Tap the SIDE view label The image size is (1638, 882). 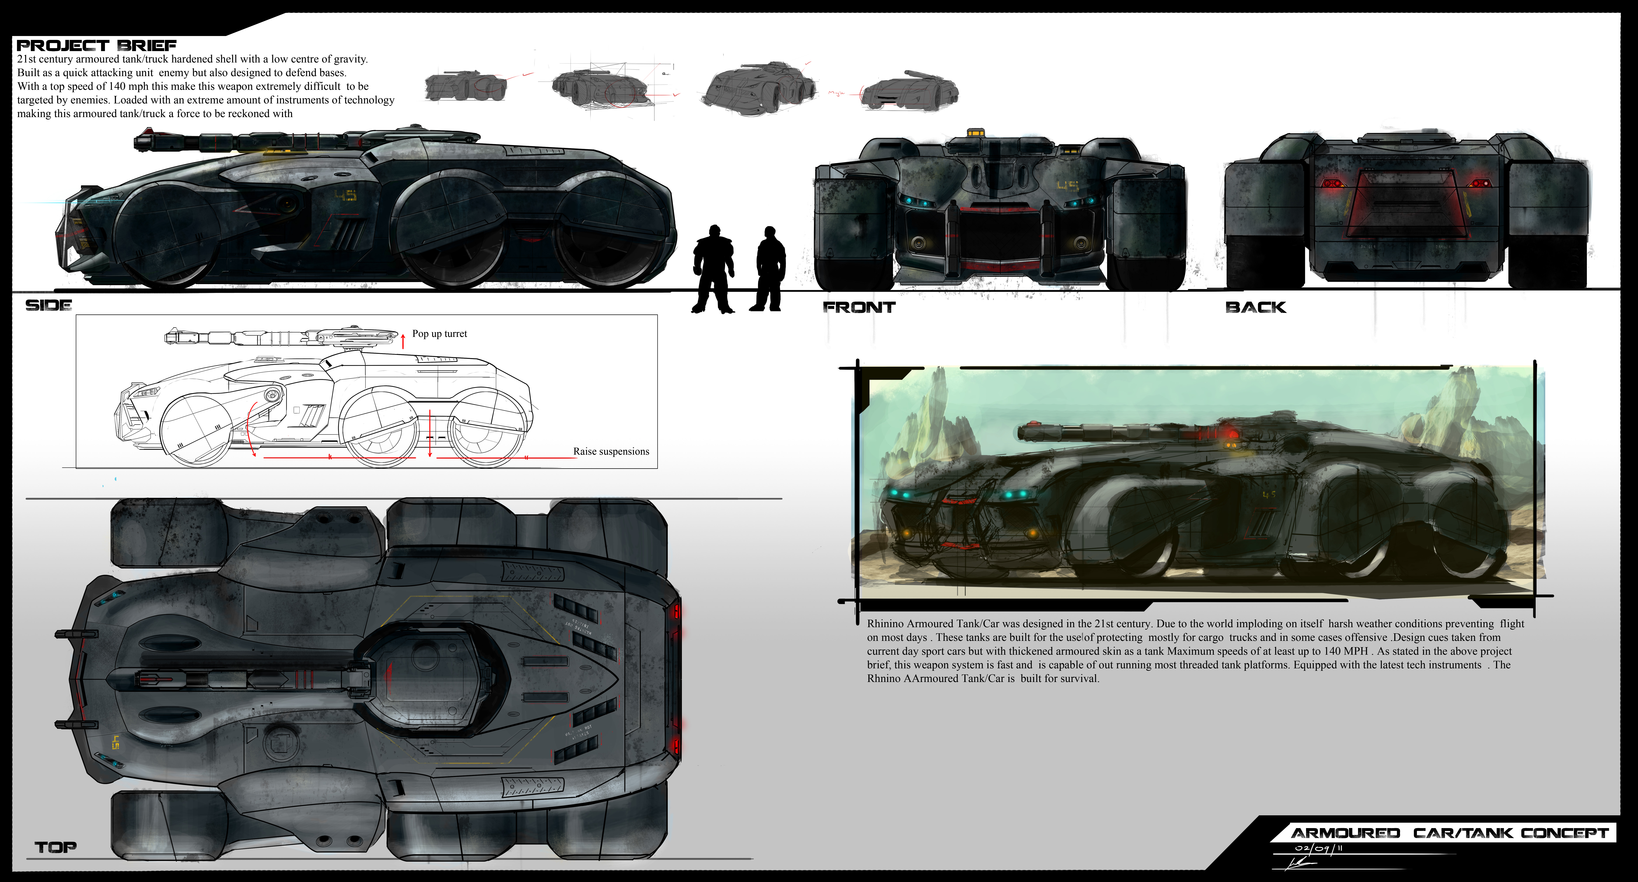(x=48, y=305)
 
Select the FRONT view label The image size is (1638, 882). (x=859, y=308)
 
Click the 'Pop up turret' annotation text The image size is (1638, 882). (x=439, y=334)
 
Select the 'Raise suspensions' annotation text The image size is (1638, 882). (x=611, y=451)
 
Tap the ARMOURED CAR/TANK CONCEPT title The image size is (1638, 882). (x=1450, y=833)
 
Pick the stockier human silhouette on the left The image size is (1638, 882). (x=713, y=269)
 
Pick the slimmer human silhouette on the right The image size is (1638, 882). (x=769, y=269)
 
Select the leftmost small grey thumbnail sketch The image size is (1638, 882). (x=466, y=86)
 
